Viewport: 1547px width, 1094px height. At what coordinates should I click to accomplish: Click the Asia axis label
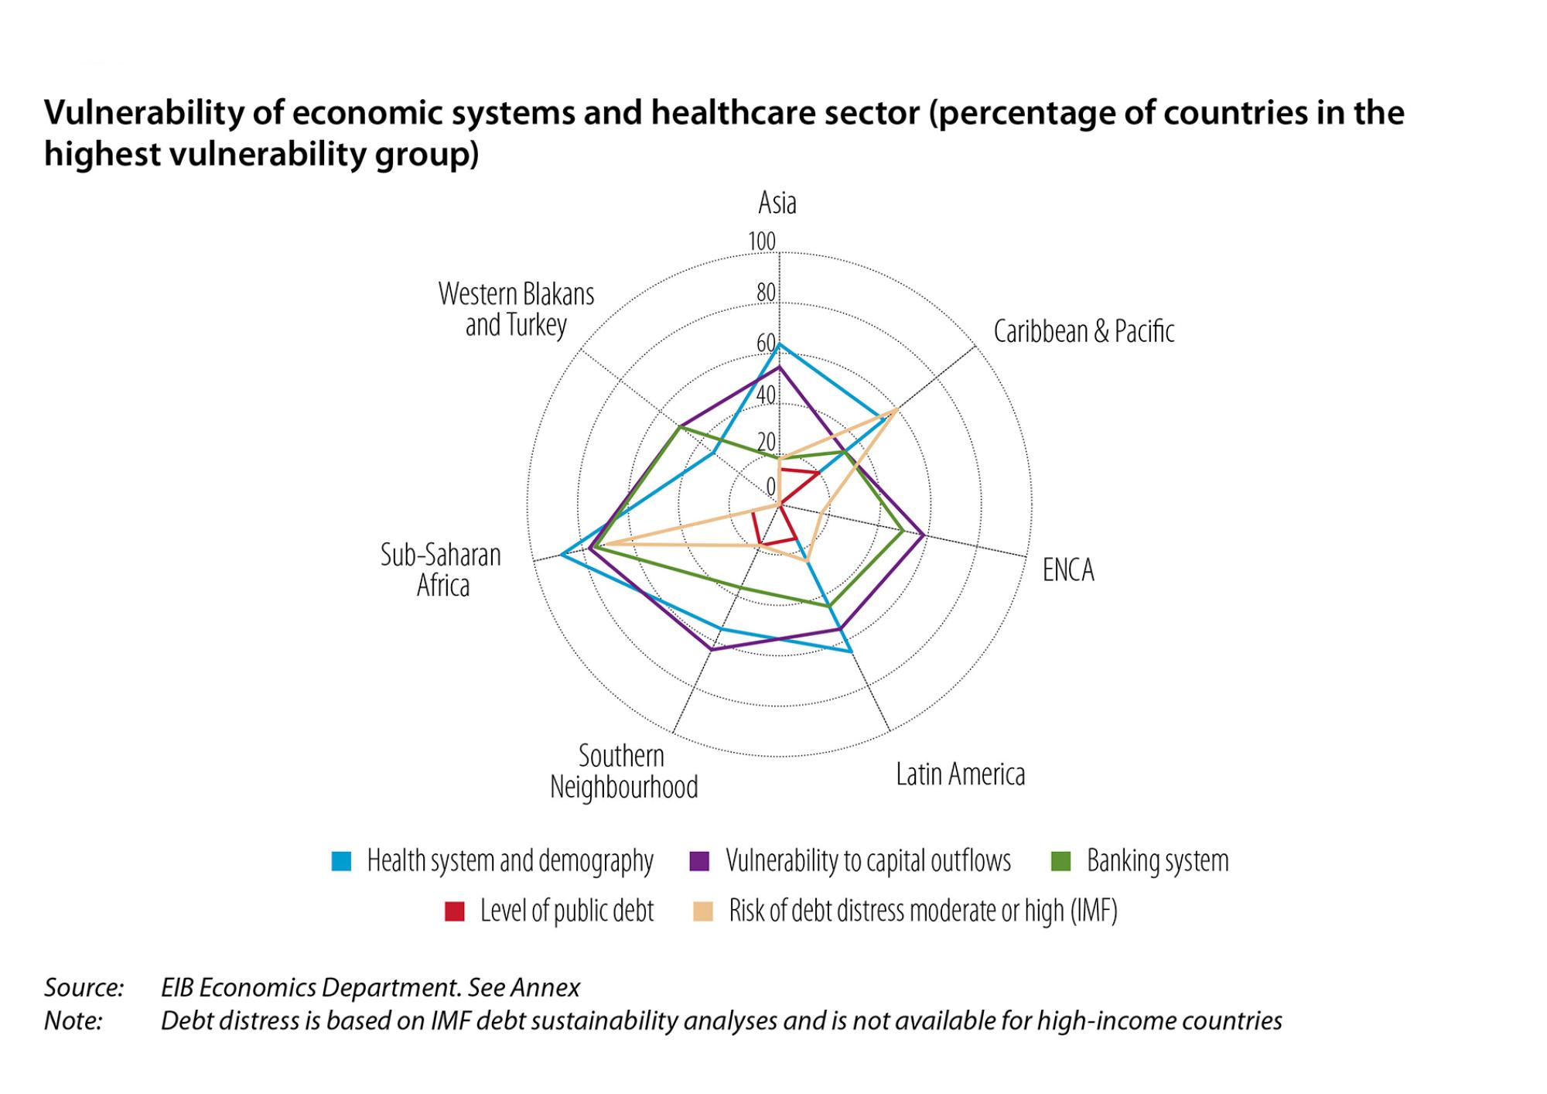pyautogui.click(x=777, y=203)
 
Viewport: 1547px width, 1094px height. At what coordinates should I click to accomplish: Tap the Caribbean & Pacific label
pyautogui.click(x=1083, y=331)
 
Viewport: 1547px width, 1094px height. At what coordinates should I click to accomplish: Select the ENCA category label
pyautogui.click(x=1067, y=570)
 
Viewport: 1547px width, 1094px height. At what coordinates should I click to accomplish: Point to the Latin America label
pyautogui.click(x=960, y=774)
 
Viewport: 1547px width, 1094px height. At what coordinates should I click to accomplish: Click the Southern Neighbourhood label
pyautogui.click(x=623, y=771)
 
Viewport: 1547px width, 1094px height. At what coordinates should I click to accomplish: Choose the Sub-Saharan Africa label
pyautogui.click(x=441, y=570)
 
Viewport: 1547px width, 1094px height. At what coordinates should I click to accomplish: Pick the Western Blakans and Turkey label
pyautogui.click(x=516, y=309)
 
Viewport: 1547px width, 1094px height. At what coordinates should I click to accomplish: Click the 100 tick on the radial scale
pyautogui.click(x=761, y=242)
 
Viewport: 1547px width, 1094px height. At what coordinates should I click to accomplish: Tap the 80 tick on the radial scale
pyautogui.click(x=765, y=292)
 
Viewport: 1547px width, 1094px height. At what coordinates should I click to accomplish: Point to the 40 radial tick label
pyautogui.click(x=765, y=395)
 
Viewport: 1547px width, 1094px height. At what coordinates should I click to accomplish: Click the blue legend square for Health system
pyautogui.click(x=341, y=861)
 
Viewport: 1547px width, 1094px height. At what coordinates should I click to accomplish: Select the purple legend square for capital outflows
pyautogui.click(x=699, y=861)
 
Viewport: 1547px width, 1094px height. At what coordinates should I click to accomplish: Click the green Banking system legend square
pyautogui.click(x=1060, y=861)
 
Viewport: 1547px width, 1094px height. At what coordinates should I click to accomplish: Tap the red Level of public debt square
pyautogui.click(x=455, y=911)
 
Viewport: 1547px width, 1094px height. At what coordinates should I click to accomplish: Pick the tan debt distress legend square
pyautogui.click(x=702, y=911)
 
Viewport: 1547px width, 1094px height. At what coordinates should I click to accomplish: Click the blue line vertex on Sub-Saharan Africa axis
pyautogui.click(x=562, y=555)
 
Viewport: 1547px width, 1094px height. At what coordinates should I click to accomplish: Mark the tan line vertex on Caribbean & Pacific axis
pyautogui.click(x=895, y=410)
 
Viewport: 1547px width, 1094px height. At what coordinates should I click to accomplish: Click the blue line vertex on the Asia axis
pyautogui.click(x=779, y=344)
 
